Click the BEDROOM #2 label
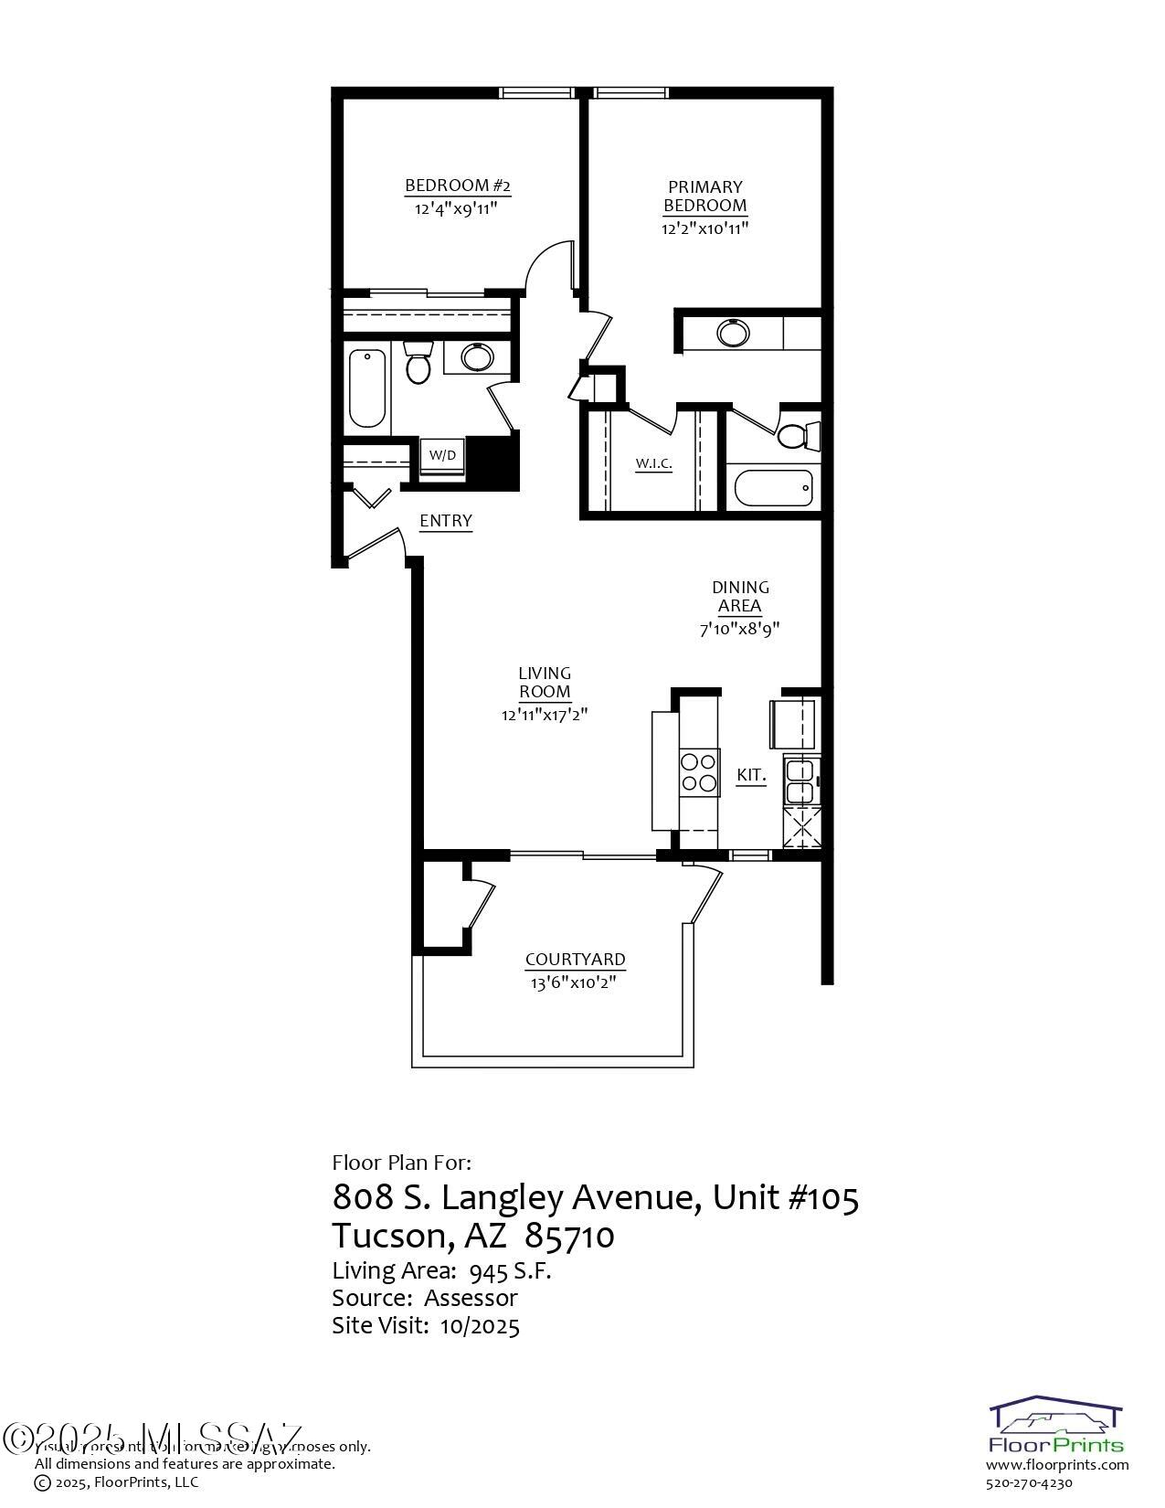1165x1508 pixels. [x=457, y=186]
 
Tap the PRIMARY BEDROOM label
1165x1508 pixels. [x=704, y=196]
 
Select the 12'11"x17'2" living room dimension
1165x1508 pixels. [x=545, y=715]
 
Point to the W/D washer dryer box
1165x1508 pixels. [x=442, y=455]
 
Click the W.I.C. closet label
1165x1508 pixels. [x=654, y=464]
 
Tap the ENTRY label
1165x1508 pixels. [x=446, y=521]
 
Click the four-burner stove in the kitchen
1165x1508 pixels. [x=698, y=770]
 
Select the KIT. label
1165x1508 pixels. [x=751, y=775]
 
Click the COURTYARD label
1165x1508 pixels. [x=576, y=960]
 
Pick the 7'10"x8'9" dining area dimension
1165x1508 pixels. [x=739, y=629]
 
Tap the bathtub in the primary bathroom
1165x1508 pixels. [x=772, y=488]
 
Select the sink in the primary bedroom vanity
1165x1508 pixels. [x=732, y=333]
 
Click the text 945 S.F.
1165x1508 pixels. [x=510, y=1271]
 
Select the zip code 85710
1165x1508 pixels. [x=575, y=1237]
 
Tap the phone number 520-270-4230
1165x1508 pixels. [x=1028, y=1483]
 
